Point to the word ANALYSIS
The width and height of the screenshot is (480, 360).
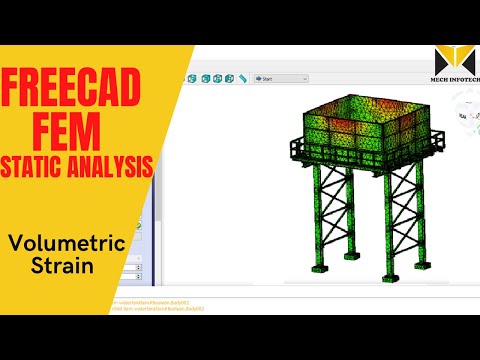(117, 162)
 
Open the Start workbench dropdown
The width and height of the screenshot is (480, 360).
(281, 78)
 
